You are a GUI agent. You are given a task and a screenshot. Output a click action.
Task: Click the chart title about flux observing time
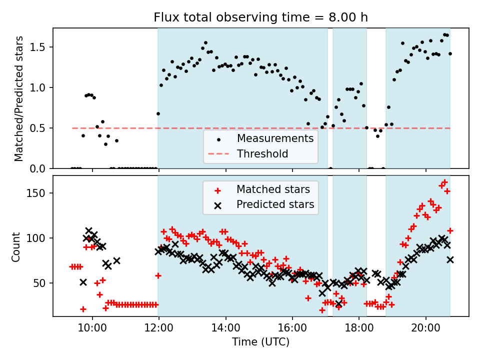[260, 17]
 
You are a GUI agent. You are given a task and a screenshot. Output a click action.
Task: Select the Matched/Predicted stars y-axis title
[19, 98]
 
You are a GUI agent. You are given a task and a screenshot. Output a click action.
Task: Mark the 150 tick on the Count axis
[40, 193]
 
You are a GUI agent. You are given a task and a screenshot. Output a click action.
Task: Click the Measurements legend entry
[275, 138]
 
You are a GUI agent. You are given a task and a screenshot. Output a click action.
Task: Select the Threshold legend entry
[262, 153]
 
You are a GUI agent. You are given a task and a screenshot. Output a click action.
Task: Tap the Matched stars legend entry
[273, 189]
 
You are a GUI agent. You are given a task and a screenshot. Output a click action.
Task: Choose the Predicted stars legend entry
[275, 204]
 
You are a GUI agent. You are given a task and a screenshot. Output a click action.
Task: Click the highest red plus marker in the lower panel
[444, 182]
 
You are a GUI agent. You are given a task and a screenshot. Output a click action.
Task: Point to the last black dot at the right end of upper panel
[450, 53]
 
